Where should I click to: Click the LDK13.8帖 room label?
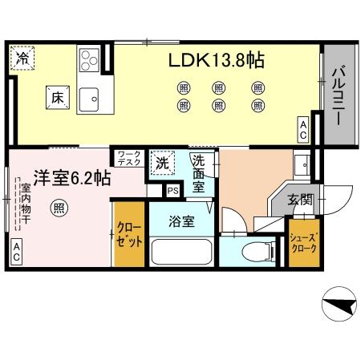(217, 59)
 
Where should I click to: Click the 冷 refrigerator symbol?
(23, 59)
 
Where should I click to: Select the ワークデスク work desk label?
(128, 157)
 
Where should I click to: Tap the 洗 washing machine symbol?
(162, 163)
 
